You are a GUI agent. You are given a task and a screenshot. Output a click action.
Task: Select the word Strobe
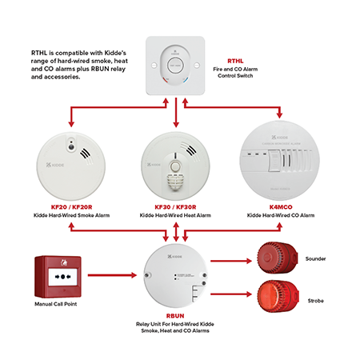[x=315, y=301]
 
